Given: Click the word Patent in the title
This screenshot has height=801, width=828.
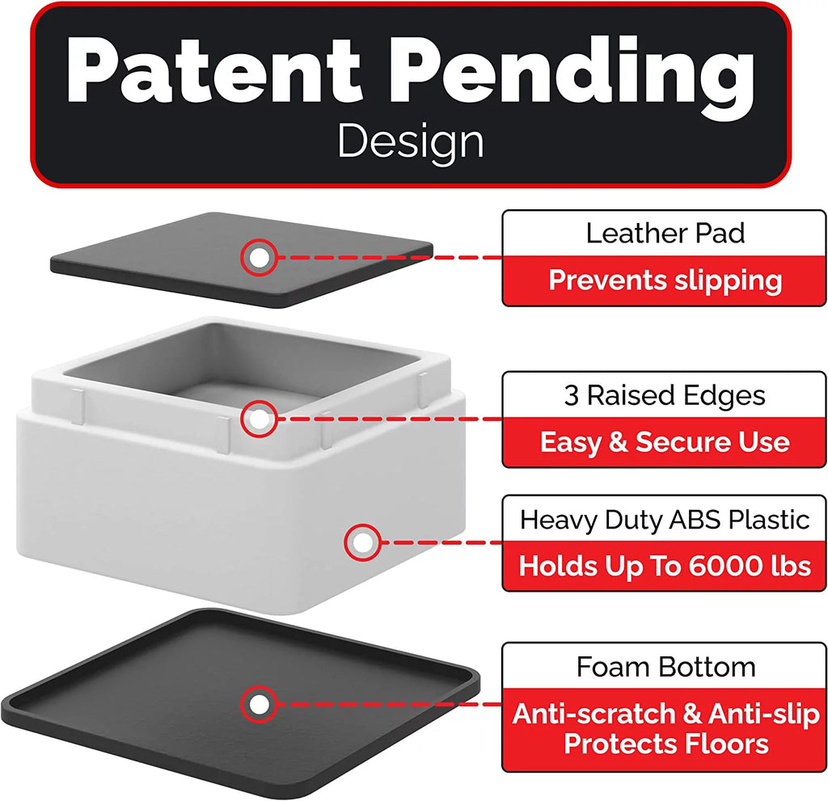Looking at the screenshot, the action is (x=213, y=71).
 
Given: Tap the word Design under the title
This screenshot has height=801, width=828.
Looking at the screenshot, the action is (x=411, y=141).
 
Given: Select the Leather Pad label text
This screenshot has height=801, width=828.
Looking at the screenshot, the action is (x=665, y=234).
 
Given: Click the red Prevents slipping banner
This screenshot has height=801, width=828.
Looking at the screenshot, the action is (x=665, y=280).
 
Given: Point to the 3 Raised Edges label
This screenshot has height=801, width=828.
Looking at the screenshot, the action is (x=665, y=395).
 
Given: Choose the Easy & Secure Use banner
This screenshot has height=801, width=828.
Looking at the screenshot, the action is (x=665, y=442).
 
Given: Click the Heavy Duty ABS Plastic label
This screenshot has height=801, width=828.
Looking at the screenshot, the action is (x=665, y=520).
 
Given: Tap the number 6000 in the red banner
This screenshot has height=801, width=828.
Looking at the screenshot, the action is (x=725, y=566).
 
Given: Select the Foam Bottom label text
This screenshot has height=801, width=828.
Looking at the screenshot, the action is (x=665, y=667).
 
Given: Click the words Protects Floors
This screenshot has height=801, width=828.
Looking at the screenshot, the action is (x=666, y=744).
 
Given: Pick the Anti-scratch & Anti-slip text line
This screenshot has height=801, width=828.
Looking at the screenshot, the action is (x=665, y=714).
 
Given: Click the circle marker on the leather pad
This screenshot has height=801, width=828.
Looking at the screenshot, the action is (x=259, y=258).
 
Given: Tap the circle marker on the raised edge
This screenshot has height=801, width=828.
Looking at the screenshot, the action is (x=259, y=419).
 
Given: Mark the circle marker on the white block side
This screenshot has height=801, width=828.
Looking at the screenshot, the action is (x=363, y=542).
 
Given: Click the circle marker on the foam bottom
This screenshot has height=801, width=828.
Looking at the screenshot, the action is (x=259, y=704).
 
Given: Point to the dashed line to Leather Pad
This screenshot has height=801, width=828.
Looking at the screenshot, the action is (x=389, y=258).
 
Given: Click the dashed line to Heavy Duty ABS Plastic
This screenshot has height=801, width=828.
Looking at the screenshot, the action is (x=441, y=542).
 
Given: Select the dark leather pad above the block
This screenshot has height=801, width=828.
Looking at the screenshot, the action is (x=242, y=259).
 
